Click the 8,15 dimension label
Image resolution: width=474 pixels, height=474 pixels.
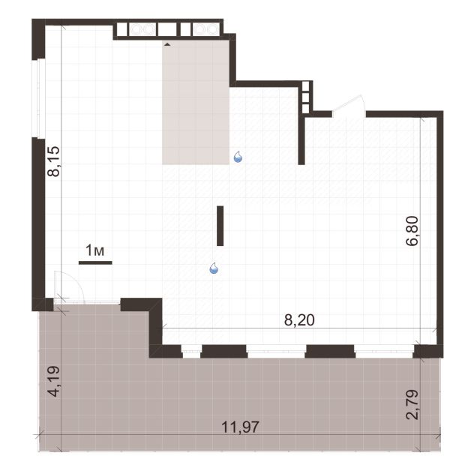click(x=54, y=161)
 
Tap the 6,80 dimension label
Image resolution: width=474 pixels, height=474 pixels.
click(x=412, y=231)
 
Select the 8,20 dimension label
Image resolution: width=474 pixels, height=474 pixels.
click(x=299, y=320)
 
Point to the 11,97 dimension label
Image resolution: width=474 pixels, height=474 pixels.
click(x=240, y=427)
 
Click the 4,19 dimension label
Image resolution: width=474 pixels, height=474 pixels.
click(x=54, y=382)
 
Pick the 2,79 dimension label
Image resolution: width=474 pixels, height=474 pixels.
click(x=412, y=405)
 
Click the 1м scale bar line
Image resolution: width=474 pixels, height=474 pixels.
click(x=95, y=262)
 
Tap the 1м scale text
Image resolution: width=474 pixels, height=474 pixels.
click(x=95, y=250)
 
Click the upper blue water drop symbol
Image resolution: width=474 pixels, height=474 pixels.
click(x=238, y=157)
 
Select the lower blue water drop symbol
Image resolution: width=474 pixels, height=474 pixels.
click(x=214, y=268)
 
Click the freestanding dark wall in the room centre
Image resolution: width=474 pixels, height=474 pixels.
click(x=220, y=226)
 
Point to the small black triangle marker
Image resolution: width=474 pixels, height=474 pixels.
click(x=167, y=45)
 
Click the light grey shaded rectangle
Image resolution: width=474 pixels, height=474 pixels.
click(x=196, y=102)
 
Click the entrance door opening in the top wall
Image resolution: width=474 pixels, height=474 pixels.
click(x=349, y=114)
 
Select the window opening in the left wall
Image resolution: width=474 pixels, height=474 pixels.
click(x=39, y=98)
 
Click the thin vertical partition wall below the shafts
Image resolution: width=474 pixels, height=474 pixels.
click(x=301, y=140)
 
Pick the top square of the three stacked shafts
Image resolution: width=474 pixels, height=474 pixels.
click(x=305, y=85)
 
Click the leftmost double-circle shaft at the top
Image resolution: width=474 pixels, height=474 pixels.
click(x=142, y=30)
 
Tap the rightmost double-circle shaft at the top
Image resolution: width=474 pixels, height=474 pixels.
click(x=205, y=30)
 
